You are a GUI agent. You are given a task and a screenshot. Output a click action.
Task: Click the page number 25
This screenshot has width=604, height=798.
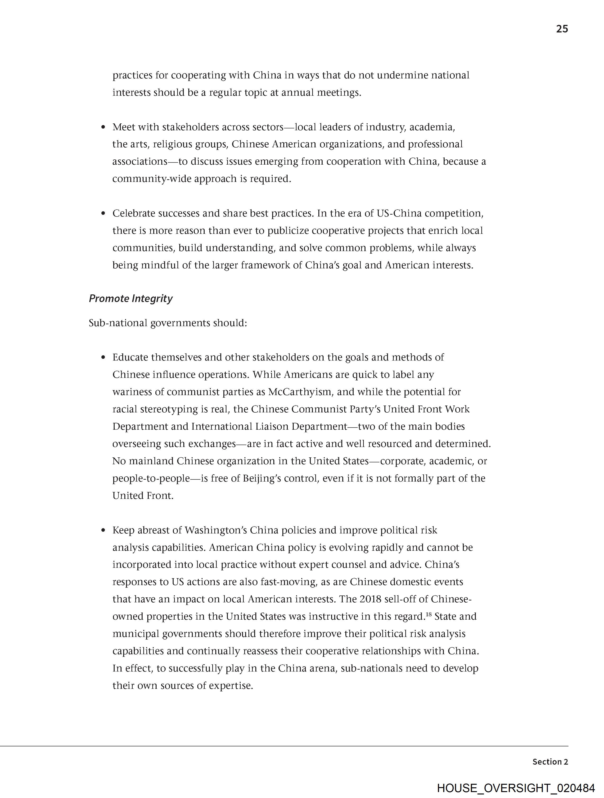[x=562, y=29]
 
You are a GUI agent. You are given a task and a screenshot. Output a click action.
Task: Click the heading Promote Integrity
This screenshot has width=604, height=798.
[x=131, y=299]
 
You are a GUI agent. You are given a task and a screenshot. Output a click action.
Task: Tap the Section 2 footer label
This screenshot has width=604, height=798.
[x=550, y=762]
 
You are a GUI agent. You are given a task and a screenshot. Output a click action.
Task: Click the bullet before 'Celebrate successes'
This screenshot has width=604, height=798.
[x=104, y=214]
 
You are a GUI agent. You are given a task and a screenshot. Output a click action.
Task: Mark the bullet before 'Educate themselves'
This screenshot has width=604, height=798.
[x=104, y=357]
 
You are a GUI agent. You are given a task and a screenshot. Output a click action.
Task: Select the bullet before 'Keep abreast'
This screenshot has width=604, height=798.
[x=104, y=530]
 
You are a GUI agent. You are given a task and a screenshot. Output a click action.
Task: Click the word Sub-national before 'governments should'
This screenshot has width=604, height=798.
[x=118, y=323]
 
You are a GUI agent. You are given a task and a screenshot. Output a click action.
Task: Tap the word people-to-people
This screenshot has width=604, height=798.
[x=151, y=478]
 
